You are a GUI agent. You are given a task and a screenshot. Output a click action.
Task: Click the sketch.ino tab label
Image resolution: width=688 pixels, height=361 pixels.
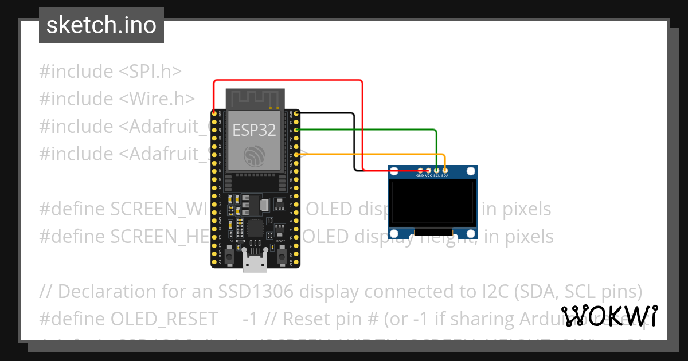tap(101, 25)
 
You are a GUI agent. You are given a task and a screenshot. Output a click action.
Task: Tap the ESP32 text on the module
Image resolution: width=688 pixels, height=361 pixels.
tap(254, 130)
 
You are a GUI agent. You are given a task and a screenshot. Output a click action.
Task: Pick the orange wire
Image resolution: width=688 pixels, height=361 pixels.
tap(373, 155)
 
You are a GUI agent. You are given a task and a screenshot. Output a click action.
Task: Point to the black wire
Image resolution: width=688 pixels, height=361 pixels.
tap(354, 143)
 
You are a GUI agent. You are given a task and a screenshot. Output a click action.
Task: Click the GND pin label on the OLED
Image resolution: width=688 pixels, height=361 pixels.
tap(420, 176)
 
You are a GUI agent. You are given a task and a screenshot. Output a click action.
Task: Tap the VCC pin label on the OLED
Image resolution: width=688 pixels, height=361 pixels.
tap(429, 176)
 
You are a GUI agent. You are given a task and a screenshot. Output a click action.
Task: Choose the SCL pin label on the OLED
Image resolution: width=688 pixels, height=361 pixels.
tap(437, 176)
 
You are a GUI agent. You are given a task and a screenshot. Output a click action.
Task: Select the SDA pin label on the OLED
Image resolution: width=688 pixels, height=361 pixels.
tap(445, 176)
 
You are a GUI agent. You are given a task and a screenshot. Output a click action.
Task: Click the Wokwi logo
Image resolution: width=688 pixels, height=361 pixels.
tap(609, 316)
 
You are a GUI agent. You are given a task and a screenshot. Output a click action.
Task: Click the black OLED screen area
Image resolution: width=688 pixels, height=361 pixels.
tap(432, 203)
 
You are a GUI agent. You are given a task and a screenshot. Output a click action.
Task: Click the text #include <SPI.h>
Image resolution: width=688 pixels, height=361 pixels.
tap(110, 72)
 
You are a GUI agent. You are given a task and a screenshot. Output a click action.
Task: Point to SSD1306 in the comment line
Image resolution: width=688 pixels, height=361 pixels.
tap(256, 291)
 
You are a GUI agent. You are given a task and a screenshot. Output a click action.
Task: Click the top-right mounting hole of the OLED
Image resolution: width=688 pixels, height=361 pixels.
tap(471, 171)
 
